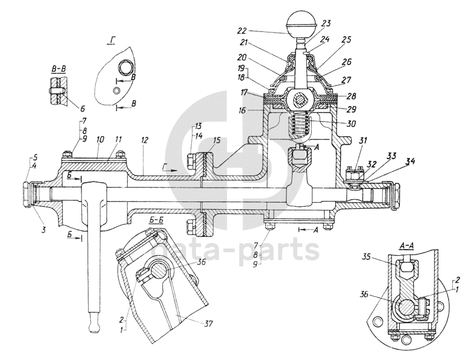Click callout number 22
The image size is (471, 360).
[242, 31]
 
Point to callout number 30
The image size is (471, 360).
[351, 124]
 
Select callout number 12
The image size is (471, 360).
[144, 141]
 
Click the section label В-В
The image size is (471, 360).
[58, 69]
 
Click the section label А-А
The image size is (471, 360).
[406, 245]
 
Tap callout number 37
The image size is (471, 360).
[208, 324]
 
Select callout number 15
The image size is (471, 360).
[217, 141]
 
